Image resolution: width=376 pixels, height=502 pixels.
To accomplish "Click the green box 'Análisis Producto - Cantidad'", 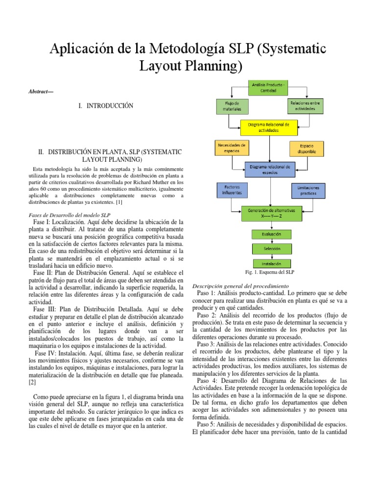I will point(271,88).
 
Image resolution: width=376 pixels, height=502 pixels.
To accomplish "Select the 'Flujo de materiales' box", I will point(232,106).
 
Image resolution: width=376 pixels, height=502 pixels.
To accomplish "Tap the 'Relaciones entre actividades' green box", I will point(306,106).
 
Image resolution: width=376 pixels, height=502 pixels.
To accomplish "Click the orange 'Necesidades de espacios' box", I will point(232,148).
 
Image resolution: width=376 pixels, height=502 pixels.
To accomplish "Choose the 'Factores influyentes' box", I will point(232,190).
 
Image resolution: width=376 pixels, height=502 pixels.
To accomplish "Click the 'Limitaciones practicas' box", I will point(308,190).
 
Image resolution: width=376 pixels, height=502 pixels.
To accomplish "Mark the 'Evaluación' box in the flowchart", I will point(271,234).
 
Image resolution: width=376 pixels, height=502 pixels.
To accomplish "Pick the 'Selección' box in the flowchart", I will point(271,249).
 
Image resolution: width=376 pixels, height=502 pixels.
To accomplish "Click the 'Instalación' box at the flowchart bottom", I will point(271,263).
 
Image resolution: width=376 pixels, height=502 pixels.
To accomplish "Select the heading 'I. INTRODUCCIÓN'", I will point(106,106).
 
